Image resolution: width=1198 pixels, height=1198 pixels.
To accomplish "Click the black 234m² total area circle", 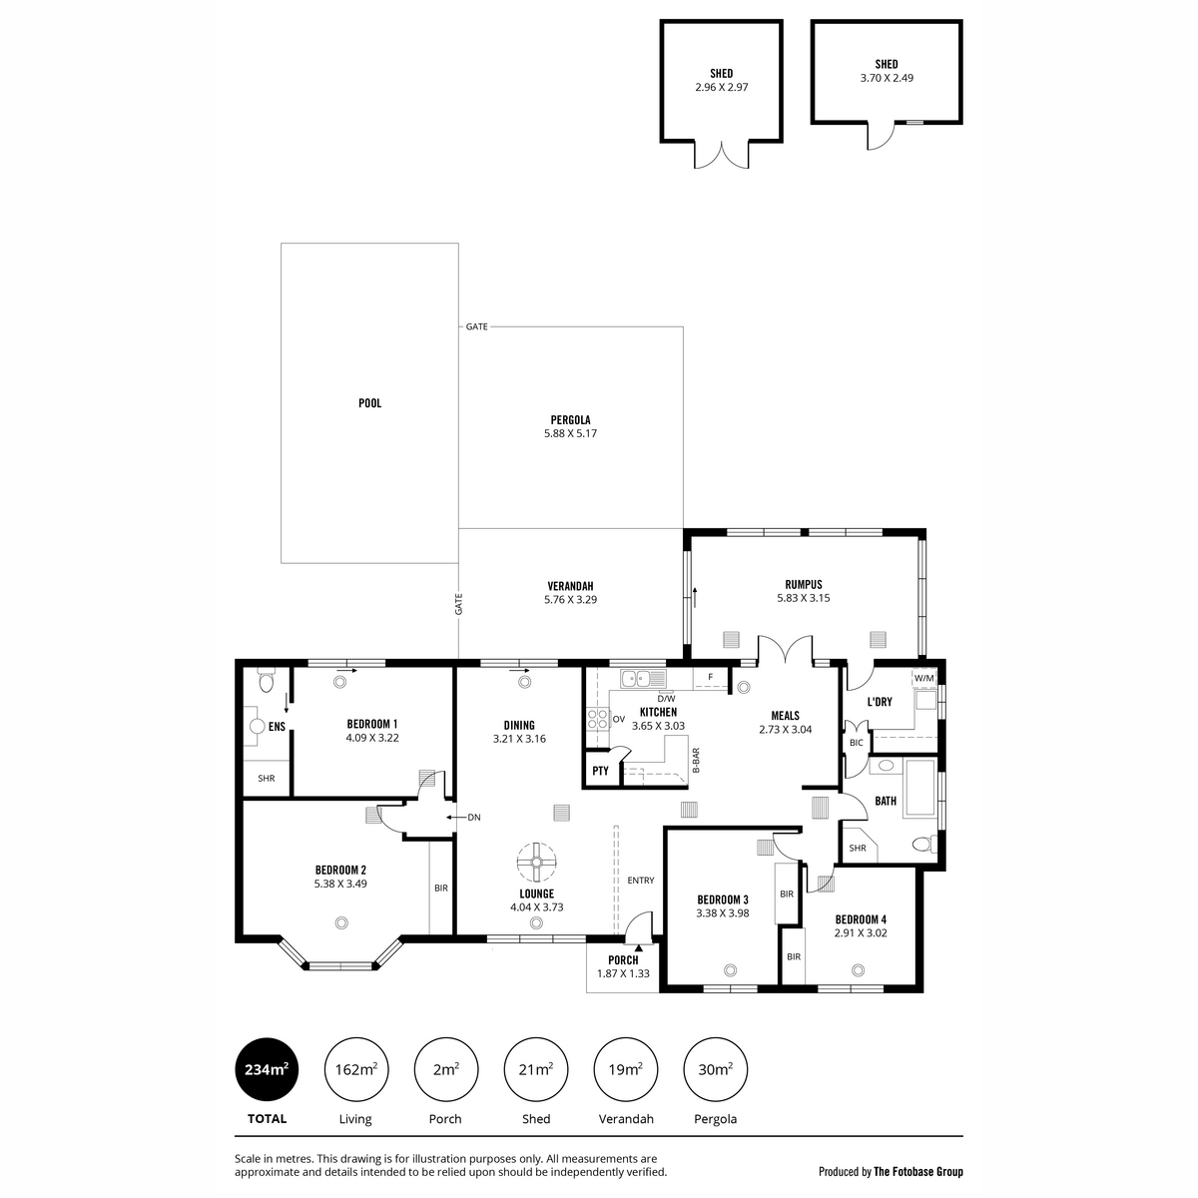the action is pos(267,1069).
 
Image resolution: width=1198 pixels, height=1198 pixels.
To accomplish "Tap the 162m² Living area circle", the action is pos(356,1069).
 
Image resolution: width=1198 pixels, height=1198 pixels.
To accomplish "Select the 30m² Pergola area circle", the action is pos(715,1069).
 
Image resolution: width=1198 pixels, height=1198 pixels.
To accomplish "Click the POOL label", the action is pos(370,403).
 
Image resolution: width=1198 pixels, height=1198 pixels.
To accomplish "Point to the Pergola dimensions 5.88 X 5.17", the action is pos(570,433).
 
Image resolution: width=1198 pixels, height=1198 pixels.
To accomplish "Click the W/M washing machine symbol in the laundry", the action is pos(923,678).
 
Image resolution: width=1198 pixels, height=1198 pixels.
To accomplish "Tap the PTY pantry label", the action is pos(600,771).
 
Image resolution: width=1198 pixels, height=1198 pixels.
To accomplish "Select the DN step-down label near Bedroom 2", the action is pos(474,818).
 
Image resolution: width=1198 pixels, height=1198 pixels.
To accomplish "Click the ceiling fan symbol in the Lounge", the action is pos(536,862).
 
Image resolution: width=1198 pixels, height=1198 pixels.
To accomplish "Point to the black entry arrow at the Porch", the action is pos(639,947).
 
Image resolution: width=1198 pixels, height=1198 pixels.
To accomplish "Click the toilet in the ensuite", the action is pos(267,681).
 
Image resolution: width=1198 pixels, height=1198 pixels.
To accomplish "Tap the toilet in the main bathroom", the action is pos(924,844).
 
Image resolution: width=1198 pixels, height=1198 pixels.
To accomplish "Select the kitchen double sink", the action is pos(642,678).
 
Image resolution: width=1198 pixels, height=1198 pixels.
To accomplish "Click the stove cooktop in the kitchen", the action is pos(598,719).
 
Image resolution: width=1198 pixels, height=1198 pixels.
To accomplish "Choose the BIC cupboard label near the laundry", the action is pos(856,743).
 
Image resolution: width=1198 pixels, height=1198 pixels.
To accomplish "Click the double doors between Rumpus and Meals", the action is pos(786,650).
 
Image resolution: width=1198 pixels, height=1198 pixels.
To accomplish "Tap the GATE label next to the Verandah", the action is pos(459,604).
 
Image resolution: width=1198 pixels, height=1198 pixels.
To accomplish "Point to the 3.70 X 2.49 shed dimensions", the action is pos(887,78).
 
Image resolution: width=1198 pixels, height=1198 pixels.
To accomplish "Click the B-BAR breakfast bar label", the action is pos(696,761).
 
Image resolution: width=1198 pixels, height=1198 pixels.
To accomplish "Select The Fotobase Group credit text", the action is pos(918,1172).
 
